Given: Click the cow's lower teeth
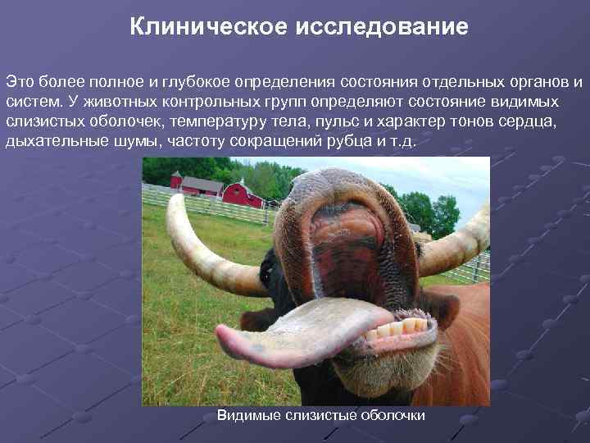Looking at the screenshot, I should point(397,329).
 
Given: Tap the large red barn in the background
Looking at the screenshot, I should point(243,194).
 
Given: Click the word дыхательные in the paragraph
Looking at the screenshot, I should point(44,141).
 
